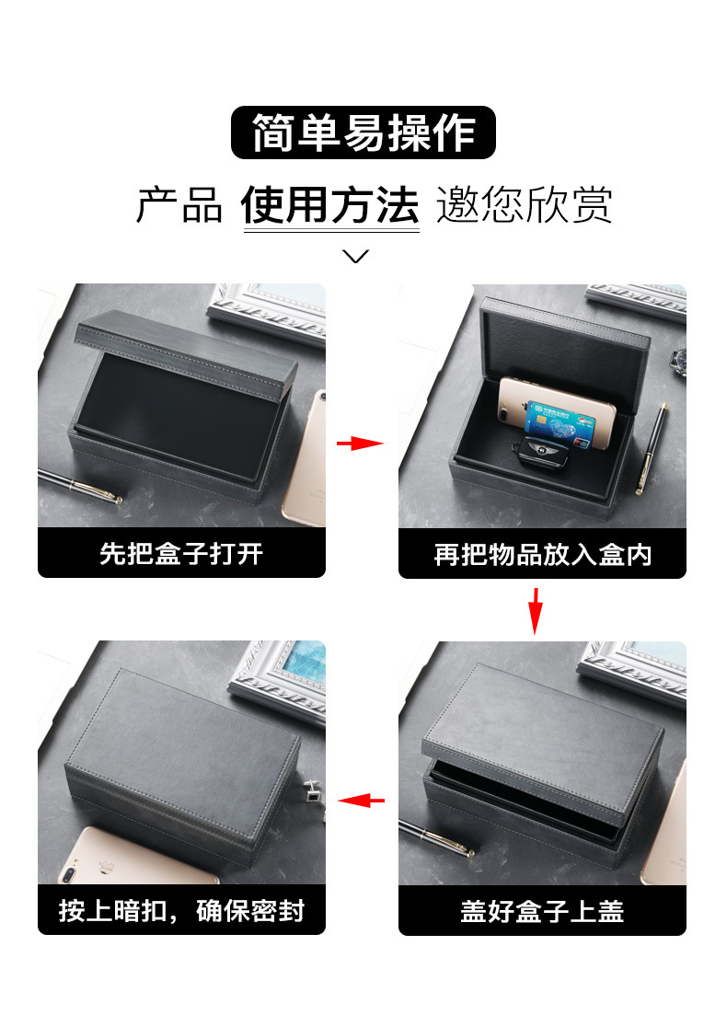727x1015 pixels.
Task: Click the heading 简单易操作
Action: [363, 133]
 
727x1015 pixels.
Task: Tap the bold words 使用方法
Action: [330, 204]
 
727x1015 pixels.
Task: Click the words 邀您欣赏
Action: [524, 204]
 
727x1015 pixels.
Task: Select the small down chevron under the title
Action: [355, 256]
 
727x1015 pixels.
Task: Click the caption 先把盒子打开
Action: [181, 554]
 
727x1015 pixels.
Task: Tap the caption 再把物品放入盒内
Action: [542, 554]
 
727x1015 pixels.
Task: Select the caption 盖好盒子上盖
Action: [542, 911]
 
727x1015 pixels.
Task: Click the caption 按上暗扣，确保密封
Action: [181, 911]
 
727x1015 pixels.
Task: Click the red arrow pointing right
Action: [360, 444]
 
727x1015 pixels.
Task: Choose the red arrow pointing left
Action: [361, 801]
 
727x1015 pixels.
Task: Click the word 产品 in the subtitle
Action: [179, 204]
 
